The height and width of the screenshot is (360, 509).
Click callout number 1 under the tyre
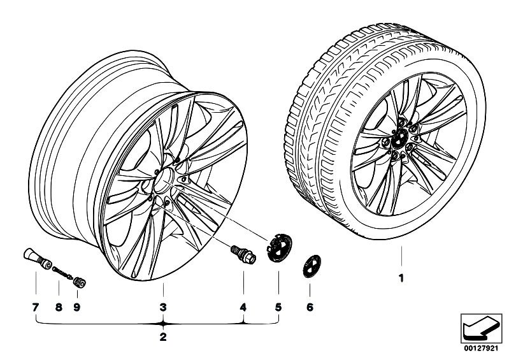click(401, 278)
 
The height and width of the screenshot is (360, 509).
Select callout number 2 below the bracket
click(163, 337)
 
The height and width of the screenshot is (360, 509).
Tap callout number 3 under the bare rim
click(163, 307)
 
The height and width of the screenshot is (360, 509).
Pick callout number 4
click(243, 307)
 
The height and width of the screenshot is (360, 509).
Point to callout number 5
click(278, 307)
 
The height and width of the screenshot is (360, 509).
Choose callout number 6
click(310, 307)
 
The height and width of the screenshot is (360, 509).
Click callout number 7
click(36, 307)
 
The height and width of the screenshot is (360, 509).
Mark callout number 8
click(59, 307)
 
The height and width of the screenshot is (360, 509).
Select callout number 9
click(77, 307)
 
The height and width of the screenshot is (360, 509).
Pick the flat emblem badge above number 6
click(312, 266)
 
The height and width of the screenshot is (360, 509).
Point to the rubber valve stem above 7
click(38, 259)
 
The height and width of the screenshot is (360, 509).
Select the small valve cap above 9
click(80, 282)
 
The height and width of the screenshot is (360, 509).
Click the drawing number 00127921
click(481, 349)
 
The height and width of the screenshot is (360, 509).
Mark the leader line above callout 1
click(401, 257)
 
